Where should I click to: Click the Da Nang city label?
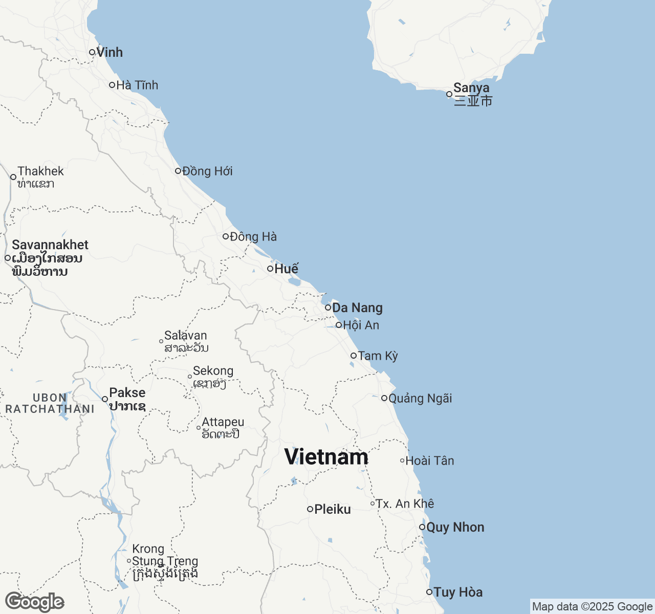357,308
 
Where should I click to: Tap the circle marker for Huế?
270,269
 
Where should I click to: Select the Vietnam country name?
326,457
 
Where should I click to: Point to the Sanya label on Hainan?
471,88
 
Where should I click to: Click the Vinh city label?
110,52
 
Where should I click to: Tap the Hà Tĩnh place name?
137,85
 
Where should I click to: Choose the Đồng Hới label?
207,171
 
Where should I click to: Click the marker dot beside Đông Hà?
225,236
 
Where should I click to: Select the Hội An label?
361,325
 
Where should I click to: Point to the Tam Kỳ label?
378,356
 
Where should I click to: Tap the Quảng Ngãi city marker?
384,398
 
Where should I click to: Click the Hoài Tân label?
429,461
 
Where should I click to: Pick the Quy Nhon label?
455,527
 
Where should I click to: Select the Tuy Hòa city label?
457,592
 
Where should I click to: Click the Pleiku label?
333,509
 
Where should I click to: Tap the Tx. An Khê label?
405,503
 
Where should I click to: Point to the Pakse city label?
127,393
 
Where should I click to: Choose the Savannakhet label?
50,245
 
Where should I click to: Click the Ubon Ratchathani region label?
50,403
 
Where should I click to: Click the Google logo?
34,602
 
